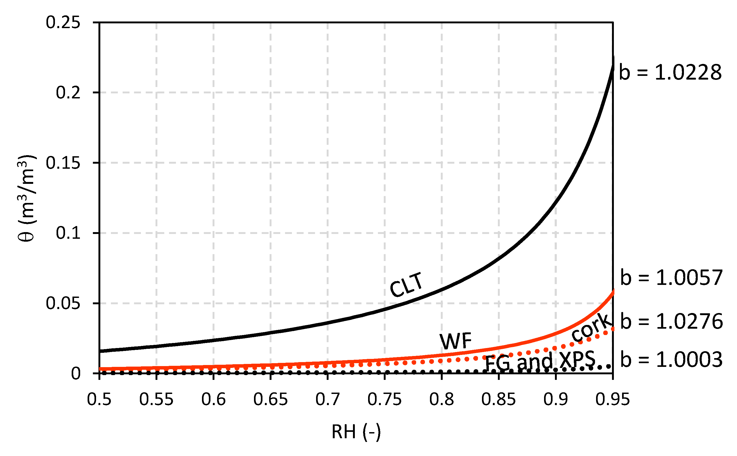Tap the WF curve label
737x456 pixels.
[x=455, y=341]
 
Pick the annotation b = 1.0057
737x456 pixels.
[x=671, y=278]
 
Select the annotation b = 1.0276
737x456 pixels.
[x=671, y=322]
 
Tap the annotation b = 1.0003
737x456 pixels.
[x=671, y=360]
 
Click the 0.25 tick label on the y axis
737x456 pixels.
[x=63, y=23]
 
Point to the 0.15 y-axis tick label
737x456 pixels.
[x=63, y=163]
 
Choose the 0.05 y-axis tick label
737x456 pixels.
[x=63, y=303]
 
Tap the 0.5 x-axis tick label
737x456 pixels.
[x=99, y=399]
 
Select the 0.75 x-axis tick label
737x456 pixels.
[x=384, y=399]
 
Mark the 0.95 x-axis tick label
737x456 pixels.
[x=613, y=399]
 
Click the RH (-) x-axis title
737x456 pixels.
[x=356, y=432]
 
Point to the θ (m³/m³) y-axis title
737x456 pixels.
[x=27, y=198]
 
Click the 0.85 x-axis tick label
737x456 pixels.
[x=498, y=399]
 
